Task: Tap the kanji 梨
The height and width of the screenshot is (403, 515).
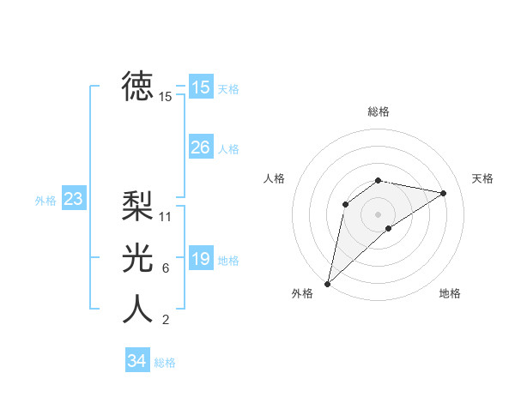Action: (137, 205)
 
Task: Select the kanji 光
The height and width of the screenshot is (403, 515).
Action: (137, 257)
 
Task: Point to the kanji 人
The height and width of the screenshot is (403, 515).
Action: (137, 310)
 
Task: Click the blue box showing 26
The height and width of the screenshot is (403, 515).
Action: (201, 147)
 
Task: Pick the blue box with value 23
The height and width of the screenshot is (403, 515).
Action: (74, 200)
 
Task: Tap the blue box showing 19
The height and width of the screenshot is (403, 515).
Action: (201, 259)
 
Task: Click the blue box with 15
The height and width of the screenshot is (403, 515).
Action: (201, 87)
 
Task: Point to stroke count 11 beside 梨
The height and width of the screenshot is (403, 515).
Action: (166, 217)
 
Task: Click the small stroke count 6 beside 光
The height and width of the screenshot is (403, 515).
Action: (166, 269)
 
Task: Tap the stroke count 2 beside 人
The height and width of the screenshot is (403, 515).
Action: (166, 321)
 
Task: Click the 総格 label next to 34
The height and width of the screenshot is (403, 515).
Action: (165, 363)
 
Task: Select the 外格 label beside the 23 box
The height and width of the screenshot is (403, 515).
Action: (45, 201)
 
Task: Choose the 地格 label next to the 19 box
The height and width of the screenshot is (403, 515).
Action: (228, 261)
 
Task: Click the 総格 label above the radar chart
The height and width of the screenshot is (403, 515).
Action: (378, 111)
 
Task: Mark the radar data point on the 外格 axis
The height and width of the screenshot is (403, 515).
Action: (328, 283)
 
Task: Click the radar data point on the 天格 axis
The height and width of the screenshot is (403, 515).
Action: (444, 193)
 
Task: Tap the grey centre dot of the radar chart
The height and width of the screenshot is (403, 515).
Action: (378, 214)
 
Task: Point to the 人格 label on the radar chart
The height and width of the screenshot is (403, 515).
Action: (274, 178)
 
